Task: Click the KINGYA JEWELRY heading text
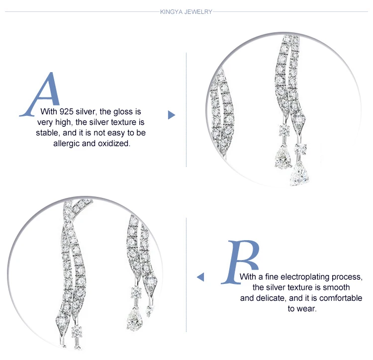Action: pos(186,11)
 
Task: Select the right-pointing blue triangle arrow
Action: pos(171,115)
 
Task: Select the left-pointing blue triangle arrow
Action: pos(200,277)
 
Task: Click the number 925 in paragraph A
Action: pos(66,111)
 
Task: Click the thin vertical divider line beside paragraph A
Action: pos(186,110)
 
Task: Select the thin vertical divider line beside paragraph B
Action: pos(186,274)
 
